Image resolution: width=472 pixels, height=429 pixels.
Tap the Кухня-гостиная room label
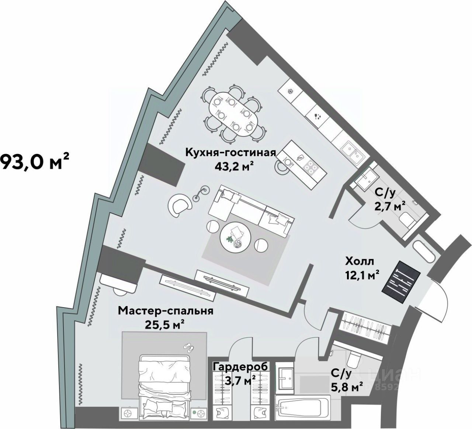tap(230, 152)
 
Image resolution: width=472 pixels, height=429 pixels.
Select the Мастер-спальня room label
tap(166, 310)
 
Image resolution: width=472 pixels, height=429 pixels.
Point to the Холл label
tap(360, 261)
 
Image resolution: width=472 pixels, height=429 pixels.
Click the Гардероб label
tap(240, 366)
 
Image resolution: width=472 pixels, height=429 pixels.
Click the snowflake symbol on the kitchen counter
tap(290, 91)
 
